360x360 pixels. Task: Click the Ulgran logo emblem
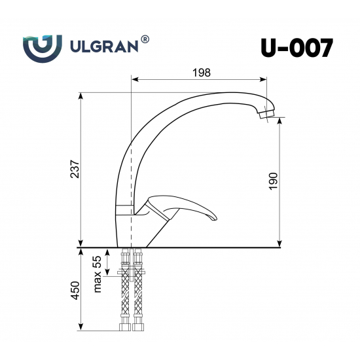[x=43, y=46]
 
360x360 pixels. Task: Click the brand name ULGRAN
[x=103, y=47]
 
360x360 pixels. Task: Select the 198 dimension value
[x=202, y=73]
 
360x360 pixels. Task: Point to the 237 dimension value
[x=75, y=170]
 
